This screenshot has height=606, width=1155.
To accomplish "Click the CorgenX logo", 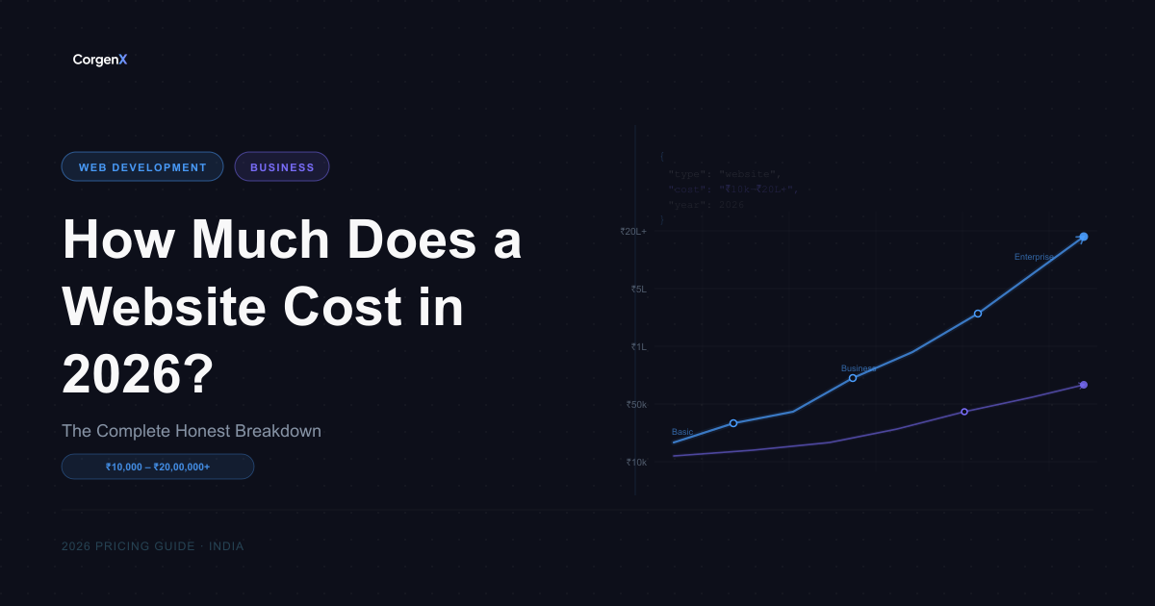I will [100, 60].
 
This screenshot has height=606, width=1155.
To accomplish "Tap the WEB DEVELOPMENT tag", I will [142, 167].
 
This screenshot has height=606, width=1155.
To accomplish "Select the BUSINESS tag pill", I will [282, 167].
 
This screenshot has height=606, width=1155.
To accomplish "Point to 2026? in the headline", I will [138, 374].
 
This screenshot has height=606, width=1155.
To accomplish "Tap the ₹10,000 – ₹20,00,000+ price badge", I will [158, 467].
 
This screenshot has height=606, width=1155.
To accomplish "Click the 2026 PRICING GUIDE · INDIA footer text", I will [152, 546].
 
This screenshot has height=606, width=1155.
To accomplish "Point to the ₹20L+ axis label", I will [633, 231].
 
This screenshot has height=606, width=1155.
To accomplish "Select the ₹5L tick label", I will [638, 289].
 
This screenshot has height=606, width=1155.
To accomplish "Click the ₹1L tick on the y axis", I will [639, 346].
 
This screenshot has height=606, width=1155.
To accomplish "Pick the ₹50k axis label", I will [636, 404].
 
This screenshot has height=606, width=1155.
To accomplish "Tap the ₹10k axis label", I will [636, 462].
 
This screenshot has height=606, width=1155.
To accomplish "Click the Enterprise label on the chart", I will [1035, 257].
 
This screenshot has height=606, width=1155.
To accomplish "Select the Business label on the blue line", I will [859, 368].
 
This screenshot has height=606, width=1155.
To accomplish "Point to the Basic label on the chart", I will [682, 432].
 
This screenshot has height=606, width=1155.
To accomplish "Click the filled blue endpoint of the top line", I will [1084, 237].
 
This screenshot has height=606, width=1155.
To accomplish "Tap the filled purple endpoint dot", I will [1084, 385].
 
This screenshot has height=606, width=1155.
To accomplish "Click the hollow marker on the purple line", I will [964, 412].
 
